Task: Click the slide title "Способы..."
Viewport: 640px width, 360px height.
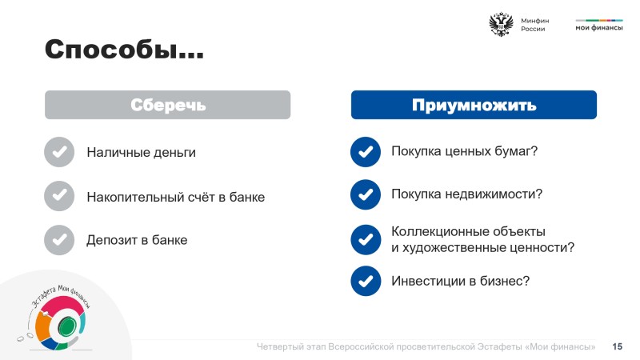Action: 124,50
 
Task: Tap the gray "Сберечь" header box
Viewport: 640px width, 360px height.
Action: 168,105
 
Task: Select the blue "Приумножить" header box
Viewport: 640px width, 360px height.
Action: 474,105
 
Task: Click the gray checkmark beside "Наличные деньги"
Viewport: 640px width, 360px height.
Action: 59,152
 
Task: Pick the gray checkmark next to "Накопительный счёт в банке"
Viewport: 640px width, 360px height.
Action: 59,196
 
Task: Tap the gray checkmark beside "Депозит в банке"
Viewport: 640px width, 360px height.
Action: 59,240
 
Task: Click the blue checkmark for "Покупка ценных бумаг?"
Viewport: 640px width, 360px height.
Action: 366,152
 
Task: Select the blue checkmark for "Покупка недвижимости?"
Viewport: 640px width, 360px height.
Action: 366,194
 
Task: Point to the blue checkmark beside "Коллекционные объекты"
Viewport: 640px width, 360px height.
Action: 366,239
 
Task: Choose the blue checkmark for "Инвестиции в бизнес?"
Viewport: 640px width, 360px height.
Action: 366,281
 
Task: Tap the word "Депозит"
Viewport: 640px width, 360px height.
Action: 112,240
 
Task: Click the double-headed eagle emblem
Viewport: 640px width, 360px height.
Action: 501,25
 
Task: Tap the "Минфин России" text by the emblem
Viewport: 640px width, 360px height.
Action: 534,25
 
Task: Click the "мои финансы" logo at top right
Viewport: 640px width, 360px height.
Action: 599,26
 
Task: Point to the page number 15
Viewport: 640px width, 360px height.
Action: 617,346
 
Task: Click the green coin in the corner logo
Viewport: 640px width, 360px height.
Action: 66,326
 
